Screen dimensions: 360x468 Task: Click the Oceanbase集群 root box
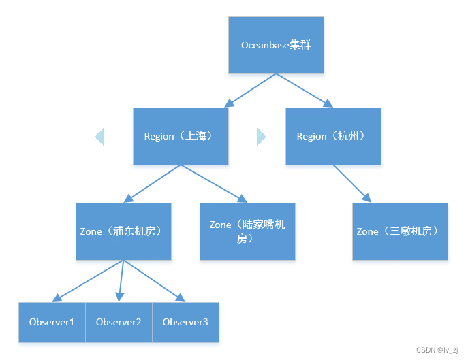click(x=276, y=45)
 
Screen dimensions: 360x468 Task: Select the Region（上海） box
click(x=181, y=136)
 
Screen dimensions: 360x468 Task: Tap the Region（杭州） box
click(x=332, y=136)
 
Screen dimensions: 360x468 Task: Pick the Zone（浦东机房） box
click(x=123, y=231)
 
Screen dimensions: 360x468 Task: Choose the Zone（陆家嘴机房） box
click(x=247, y=231)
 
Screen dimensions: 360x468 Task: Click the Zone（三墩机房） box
click(x=400, y=231)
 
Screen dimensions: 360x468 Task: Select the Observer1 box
click(x=52, y=322)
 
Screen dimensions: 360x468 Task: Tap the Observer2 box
click(x=119, y=322)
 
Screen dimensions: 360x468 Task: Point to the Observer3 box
click(x=185, y=322)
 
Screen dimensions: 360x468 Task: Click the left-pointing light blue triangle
click(x=99, y=137)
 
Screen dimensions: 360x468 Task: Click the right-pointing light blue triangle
click(x=261, y=137)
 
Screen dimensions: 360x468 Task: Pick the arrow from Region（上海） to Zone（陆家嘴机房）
click(x=213, y=184)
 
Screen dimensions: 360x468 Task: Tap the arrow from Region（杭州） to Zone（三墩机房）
click(x=352, y=184)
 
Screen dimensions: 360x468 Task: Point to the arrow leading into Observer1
click(x=87, y=281)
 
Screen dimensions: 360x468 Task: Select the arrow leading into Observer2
click(x=121, y=281)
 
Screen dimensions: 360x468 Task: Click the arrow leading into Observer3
click(x=154, y=281)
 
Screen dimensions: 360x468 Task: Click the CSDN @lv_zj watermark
click(x=437, y=350)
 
